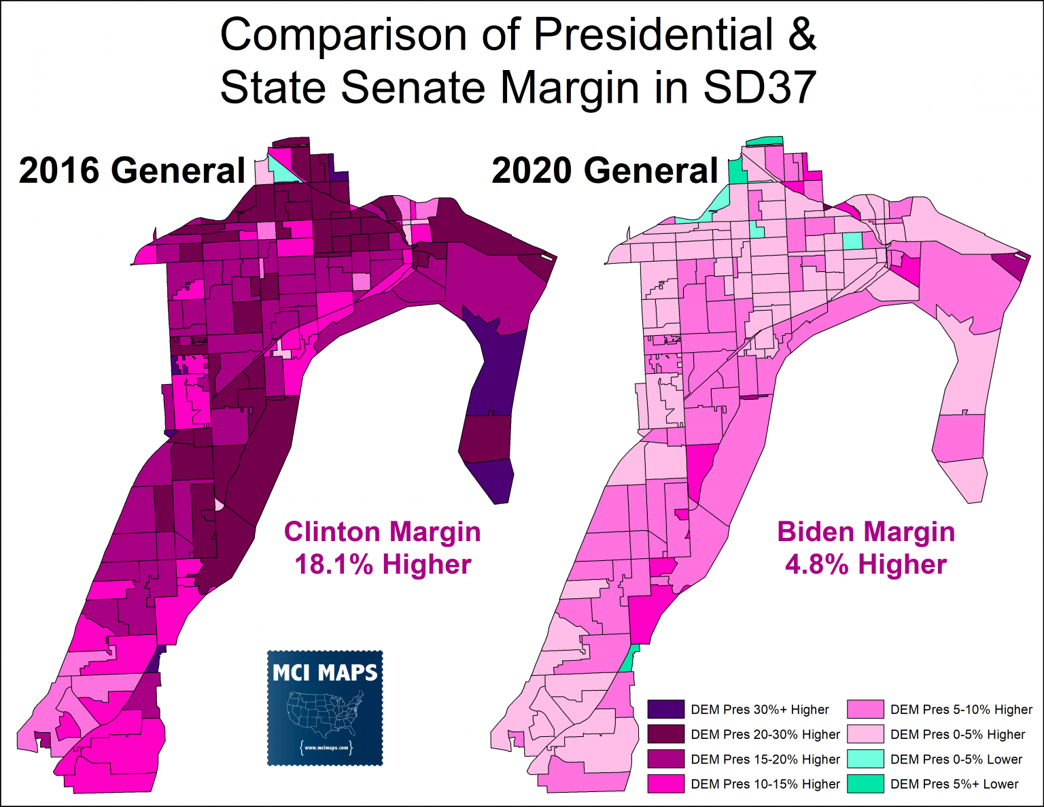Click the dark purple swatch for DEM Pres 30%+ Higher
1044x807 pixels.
click(665, 709)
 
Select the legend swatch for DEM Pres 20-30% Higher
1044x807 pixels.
click(665, 734)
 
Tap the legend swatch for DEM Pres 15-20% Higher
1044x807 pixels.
click(665, 759)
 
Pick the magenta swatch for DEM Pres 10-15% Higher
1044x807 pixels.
click(665, 784)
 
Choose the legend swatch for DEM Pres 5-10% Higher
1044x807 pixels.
click(865, 709)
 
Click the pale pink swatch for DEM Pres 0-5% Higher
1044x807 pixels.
click(865, 734)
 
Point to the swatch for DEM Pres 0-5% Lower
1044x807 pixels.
click(865, 759)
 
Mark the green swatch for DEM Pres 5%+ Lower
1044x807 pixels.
click(865, 784)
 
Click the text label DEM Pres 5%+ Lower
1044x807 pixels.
click(954, 784)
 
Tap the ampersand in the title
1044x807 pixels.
click(802, 35)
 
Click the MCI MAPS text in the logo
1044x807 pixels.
click(325, 673)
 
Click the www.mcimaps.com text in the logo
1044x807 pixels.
click(326, 748)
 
